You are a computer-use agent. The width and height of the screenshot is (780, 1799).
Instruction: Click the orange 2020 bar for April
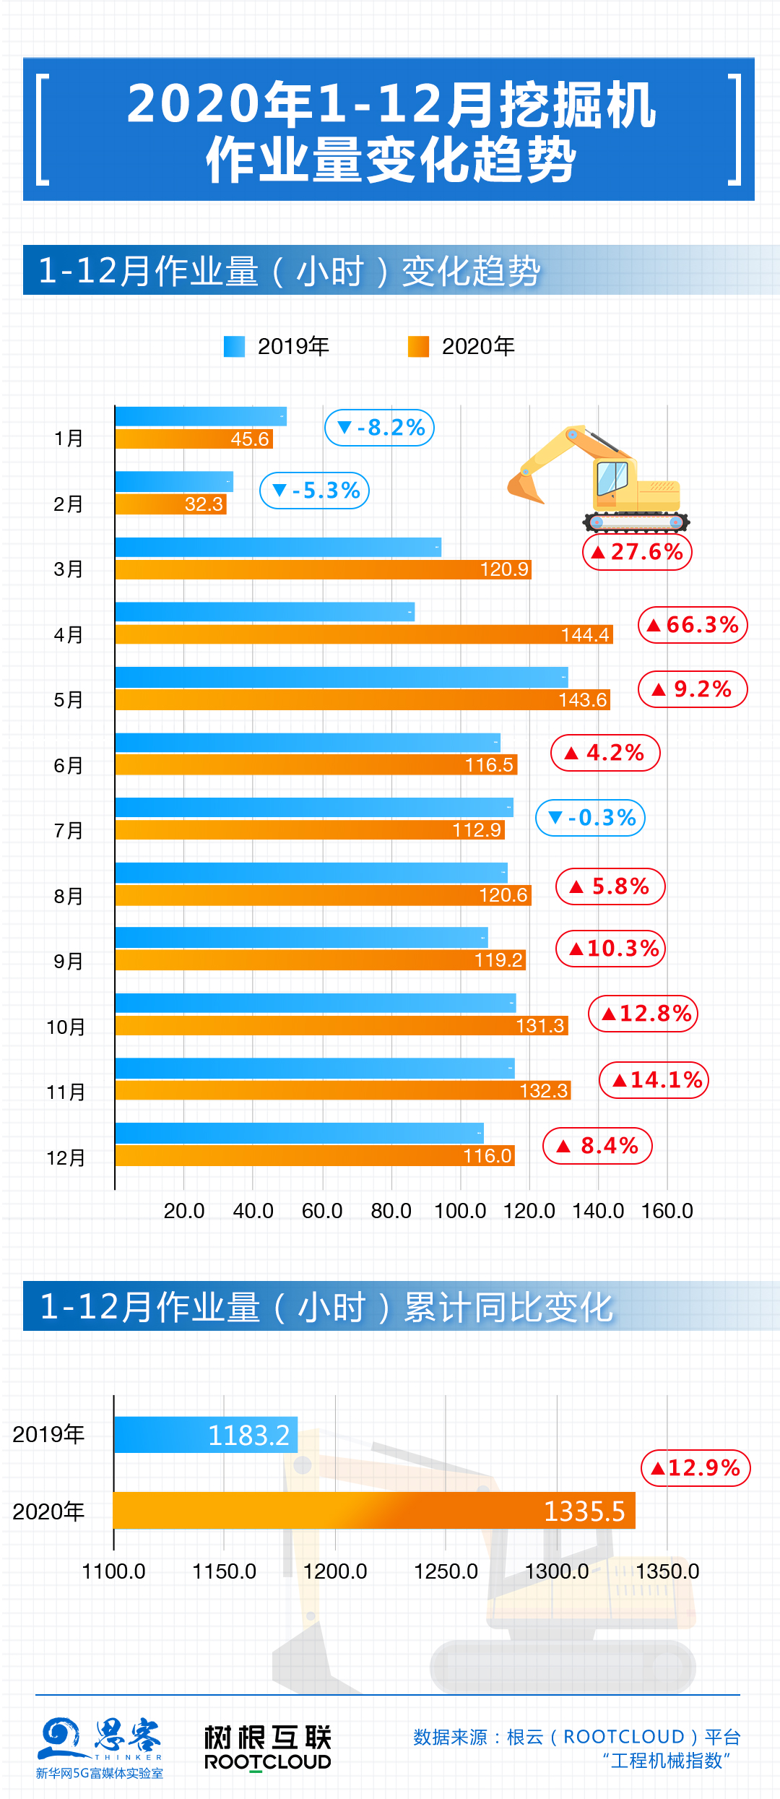pyautogui.click(x=361, y=634)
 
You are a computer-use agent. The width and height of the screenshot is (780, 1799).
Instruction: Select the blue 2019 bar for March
pyautogui.click(x=278, y=547)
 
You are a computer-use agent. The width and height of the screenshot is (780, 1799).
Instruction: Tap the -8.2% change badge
pyautogui.click(x=380, y=428)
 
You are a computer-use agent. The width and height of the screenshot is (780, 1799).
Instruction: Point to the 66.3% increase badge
pyautogui.click(x=693, y=625)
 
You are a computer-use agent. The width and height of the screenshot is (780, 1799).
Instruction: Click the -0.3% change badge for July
pyautogui.click(x=590, y=818)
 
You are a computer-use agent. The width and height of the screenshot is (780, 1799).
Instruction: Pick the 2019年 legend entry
pyautogui.click(x=277, y=347)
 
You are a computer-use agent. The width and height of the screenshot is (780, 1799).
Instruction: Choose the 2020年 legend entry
pyautogui.click(x=461, y=347)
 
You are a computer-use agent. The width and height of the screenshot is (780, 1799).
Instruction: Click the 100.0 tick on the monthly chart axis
pyautogui.click(x=460, y=1211)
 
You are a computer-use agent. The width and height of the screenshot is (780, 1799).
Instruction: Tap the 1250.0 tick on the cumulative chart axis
pyautogui.click(x=446, y=1571)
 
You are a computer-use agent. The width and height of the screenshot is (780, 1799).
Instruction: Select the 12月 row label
pyautogui.click(x=66, y=1158)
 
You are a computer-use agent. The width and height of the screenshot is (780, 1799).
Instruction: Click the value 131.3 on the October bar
pyautogui.click(x=540, y=1026)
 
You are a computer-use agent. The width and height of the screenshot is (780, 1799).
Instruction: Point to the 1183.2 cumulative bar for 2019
pyautogui.click(x=206, y=1435)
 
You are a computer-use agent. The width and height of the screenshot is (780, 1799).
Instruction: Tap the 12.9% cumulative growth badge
pyautogui.click(x=696, y=1468)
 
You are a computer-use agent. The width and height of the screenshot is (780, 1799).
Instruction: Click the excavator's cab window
pyautogui.click(x=612, y=478)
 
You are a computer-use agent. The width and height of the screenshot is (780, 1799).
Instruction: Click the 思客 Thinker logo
pyautogui.click(x=100, y=1747)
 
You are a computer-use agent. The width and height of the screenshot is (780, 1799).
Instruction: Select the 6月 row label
pyautogui.click(x=68, y=766)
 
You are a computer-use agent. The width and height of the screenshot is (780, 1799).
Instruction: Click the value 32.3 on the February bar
pyautogui.click(x=204, y=504)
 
